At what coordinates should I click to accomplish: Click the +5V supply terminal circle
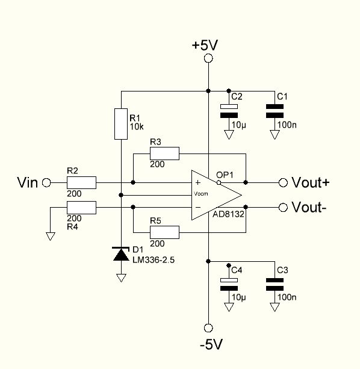[208, 58]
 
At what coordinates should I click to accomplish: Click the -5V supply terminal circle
[208, 328]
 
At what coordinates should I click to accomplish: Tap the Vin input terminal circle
[46, 182]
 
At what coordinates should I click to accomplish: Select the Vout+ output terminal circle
[283, 182]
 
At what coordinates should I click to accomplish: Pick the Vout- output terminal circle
[283, 207]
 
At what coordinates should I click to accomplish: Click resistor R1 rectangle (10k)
[121, 124]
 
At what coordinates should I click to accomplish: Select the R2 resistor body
[81, 182]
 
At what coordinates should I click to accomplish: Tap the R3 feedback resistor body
[164, 153]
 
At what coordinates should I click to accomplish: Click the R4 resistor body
[81, 208]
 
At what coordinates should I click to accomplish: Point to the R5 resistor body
[164, 232]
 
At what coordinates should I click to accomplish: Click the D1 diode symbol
[121, 254]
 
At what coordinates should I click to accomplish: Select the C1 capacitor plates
[275, 111]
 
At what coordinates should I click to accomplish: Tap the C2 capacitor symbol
[229, 111]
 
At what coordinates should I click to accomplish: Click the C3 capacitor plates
[275, 284]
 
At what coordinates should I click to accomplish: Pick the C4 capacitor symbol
[229, 284]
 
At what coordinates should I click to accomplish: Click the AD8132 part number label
[228, 214]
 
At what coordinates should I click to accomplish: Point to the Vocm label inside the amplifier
[200, 194]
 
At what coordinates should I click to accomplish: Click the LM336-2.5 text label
[154, 260]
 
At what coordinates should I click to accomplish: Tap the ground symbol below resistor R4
[51, 237]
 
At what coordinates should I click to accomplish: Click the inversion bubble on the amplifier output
[219, 182]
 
